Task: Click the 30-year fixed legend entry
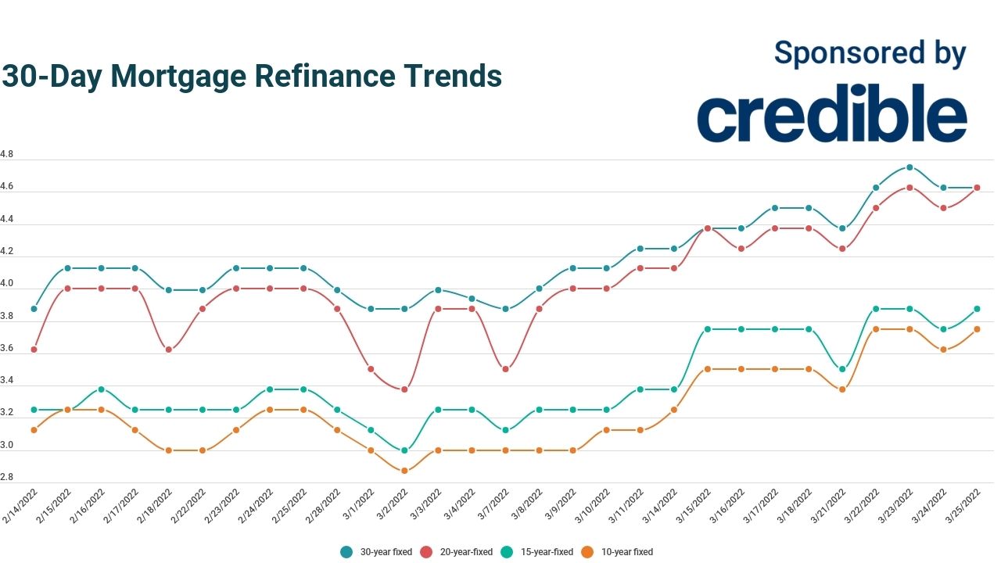click(376, 552)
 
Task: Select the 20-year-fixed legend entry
click(457, 552)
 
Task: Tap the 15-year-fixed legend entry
click(538, 552)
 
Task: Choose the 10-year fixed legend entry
click(618, 552)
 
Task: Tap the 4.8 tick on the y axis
click(7, 155)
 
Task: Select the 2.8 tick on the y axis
click(7, 477)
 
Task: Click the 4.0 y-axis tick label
click(7, 284)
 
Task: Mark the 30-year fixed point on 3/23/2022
click(910, 167)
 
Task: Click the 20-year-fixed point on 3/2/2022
click(404, 389)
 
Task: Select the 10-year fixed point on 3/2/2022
click(404, 471)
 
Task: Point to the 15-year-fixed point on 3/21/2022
click(842, 369)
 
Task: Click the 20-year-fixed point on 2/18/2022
click(168, 350)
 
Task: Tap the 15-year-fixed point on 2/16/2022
click(101, 389)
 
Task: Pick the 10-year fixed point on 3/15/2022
click(708, 369)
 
